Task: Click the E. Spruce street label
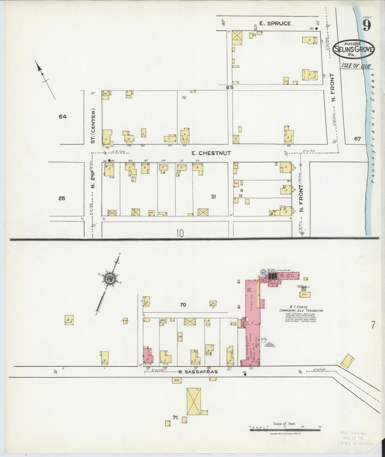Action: [275, 23]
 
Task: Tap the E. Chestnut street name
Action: [211, 153]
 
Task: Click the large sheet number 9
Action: [367, 26]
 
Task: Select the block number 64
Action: [63, 117]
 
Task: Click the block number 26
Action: [62, 198]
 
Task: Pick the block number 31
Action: [213, 197]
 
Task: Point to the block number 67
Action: [357, 139]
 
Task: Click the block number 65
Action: [230, 87]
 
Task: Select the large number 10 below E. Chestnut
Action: [180, 234]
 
